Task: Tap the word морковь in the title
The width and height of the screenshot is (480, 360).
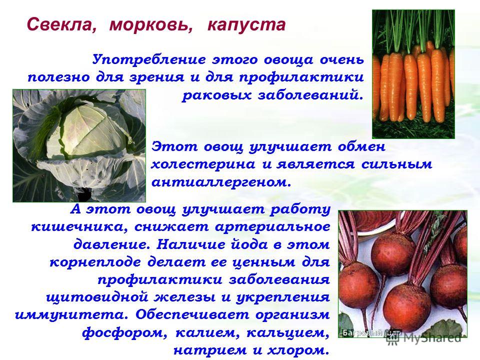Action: [151, 24]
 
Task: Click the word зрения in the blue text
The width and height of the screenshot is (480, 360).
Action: [157, 77]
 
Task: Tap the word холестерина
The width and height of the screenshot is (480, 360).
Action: [203, 164]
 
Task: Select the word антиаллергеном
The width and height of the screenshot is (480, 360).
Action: [221, 182]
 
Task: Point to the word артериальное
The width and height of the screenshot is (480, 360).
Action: [272, 227]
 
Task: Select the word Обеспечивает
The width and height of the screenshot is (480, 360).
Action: [192, 315]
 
